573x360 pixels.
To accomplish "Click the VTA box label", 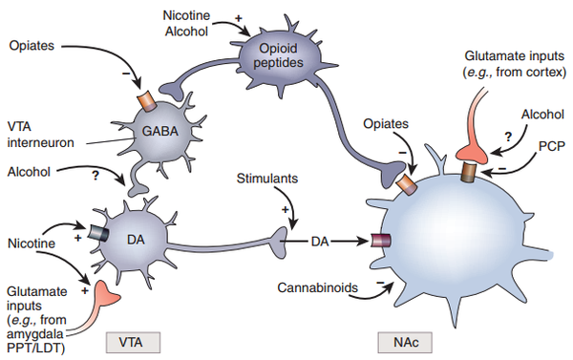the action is click(133, 343).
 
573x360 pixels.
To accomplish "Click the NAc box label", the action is click(405, 343).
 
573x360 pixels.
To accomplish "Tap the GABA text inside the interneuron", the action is click(160, 131).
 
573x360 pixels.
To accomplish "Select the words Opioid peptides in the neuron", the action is click(278, 55).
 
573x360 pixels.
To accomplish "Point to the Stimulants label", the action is click(267, 179).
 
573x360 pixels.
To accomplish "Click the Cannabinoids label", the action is click(318, 287).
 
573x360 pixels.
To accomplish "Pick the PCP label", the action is click(552, 146).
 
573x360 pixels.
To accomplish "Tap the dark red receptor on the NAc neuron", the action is click(381, 241).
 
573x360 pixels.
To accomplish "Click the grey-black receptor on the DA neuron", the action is click(98, 233).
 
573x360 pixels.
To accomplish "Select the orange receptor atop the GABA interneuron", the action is click(147, 100).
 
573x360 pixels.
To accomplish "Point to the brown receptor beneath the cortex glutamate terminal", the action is click(469, 172).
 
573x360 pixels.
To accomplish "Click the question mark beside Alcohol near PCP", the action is click(508, 138).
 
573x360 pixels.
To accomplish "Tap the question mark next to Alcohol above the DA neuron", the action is click(95, 176).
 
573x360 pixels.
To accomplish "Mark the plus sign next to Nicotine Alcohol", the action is click(238, 18).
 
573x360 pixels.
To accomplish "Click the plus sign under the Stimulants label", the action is click(285, 210).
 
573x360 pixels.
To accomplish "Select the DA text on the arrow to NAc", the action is click(320, 242).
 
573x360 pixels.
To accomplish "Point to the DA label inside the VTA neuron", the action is click(136, 240).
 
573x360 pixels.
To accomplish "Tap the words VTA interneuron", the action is click(40, 135).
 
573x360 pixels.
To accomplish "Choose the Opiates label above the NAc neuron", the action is click(386, 124).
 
